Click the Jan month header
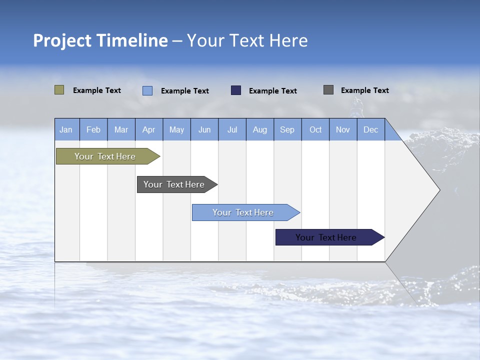[x=66, y=130]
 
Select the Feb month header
[x=93, y=130]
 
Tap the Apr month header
[x=148, y=130]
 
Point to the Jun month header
[x=204, y=130]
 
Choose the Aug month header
[x=259, y=130]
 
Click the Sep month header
[x=287, y=130]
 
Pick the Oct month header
[x=315, y=130]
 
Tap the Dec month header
[x=370, y=130]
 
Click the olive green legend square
[x=59, y=90]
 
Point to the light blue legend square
[x=147, y=90]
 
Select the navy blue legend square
[x=236, y=90]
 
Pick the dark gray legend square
[x=328, y=90]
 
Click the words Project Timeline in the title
[x=100, y=40]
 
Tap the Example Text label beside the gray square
[x=364, y=90]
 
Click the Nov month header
[x=343, y=130]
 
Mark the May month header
[x=176, y=130]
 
